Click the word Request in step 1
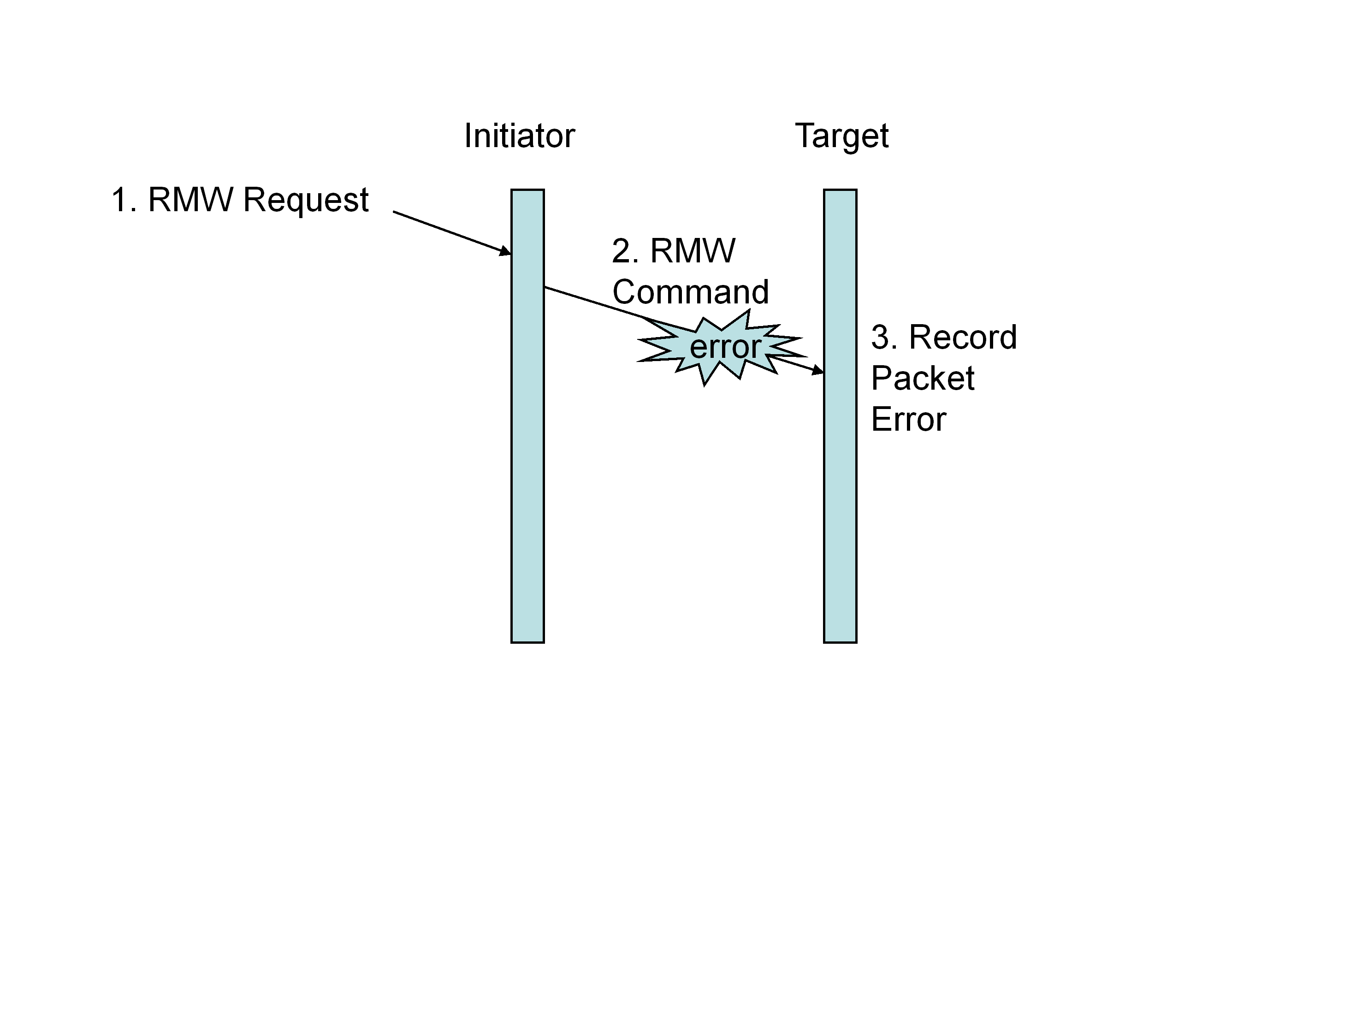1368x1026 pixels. point(306,201)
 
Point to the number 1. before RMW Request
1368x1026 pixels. point(123,201)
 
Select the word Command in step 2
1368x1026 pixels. point(690,292)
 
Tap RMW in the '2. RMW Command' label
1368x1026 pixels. point(693,251)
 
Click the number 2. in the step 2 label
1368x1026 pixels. point(625,251)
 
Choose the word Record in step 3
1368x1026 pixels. point(962,338)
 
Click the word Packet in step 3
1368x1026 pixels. point(922,379)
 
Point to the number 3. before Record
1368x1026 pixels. point(884,338)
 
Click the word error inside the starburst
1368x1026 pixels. point(725,347)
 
